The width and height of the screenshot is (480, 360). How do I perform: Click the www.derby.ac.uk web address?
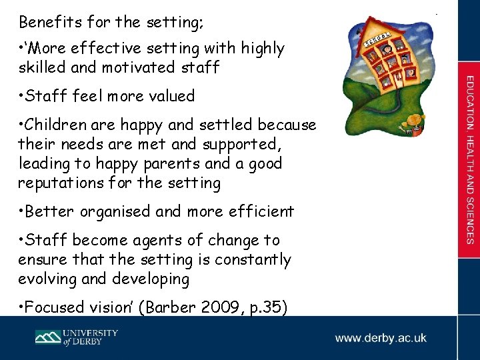[x=381, y=338]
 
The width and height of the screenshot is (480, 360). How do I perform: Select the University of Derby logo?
[x=77, y=337]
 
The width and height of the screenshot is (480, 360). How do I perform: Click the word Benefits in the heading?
[x=45, y=22]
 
